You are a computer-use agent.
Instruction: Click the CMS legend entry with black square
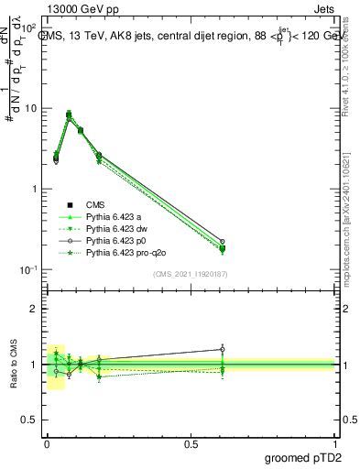(x=95, y=204)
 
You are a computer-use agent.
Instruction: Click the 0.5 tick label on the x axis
(x=191, y=443)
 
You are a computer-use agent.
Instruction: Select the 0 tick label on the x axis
(x=47, y=443)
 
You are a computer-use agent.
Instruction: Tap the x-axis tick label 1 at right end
(x=335, y=443)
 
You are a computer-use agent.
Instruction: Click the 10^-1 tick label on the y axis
(x=30, y=269)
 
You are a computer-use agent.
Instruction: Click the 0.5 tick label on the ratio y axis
(x=30, y=421)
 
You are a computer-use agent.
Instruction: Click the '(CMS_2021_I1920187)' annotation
(x=191, y=274)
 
